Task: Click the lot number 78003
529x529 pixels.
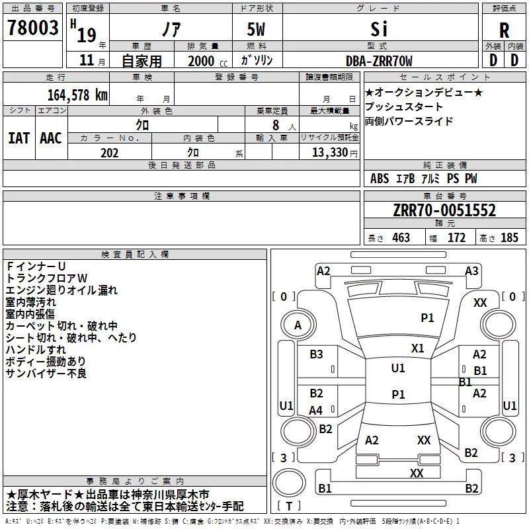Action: click(32, 28)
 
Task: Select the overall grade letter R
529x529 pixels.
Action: click(504, 30)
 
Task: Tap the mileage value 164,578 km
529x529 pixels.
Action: click(77, 95)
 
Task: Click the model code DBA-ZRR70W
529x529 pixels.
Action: click(379, 61)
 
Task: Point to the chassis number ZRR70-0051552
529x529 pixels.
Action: click(444, 210)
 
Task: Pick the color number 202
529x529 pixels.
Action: click(109, 153)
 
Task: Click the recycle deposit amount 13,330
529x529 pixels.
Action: click(329, 153)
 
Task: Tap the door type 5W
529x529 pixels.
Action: click(256, 29)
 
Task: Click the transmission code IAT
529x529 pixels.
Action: click(19, 138)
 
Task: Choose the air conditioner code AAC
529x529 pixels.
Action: click(51, 138)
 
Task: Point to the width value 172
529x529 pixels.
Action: click(456, 237)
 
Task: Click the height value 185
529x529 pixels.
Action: click(509, 237)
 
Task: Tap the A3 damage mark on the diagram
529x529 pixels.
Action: click(471, 271)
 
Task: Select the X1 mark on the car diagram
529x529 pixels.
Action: click(417, 348)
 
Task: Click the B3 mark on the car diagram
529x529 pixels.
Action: click(316, 354)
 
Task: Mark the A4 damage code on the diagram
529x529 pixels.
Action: click(316, 410)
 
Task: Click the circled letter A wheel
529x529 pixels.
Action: click(298, 325)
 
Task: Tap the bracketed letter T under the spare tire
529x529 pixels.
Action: click(289, 506)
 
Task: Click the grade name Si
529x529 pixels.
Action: click(379, 29)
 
